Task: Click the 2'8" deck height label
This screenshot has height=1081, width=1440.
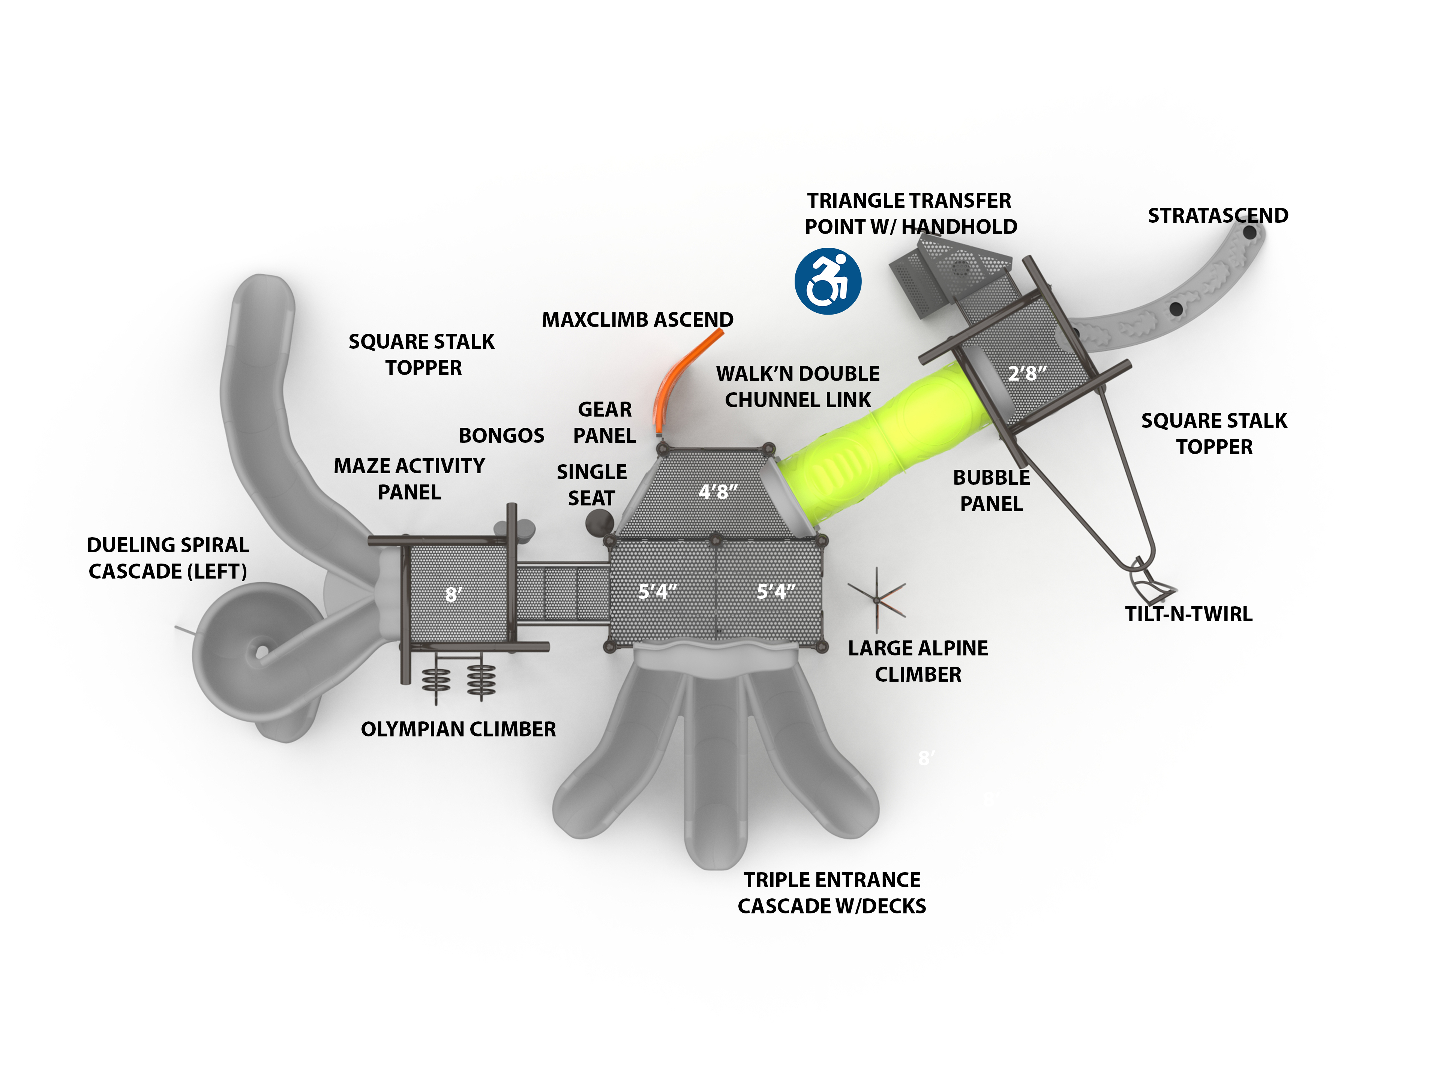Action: point(1027,373)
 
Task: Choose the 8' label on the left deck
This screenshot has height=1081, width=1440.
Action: point(454,594)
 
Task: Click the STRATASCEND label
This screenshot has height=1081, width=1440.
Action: point(1217,216)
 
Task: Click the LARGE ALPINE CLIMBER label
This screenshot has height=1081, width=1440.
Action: point(918,661)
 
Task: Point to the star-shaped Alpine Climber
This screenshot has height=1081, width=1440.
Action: point(877,600)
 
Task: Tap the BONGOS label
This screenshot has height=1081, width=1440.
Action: point(501,435)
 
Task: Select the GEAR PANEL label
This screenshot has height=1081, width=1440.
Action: point(605,422)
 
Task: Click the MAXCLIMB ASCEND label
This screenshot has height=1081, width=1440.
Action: point(637,319)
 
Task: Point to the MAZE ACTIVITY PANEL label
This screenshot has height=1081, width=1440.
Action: point(409,479)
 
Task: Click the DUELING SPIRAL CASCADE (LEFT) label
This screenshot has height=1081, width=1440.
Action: point(168,558)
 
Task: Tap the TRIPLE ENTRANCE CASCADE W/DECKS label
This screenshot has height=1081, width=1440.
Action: point(832,893)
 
